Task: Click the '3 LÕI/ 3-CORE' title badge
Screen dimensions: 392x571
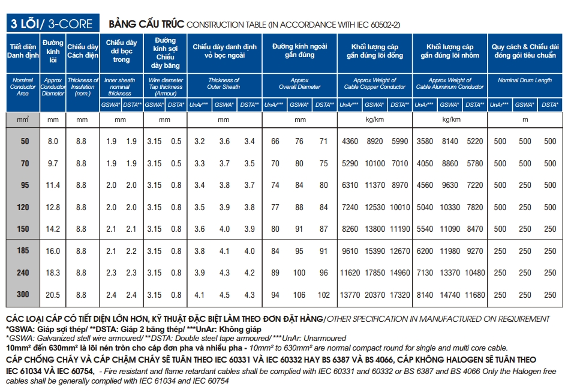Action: tap(51, 24)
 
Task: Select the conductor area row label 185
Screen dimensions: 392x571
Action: tap(25, 251)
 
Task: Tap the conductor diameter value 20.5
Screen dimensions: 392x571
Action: tap(53, 295)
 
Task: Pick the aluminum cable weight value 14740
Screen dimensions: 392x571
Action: tap(450, 295)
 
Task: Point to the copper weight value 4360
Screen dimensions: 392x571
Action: tap(350, 142)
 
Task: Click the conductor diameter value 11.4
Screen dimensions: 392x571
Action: tap(53, 185)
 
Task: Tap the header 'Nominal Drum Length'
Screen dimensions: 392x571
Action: tap(525, 80)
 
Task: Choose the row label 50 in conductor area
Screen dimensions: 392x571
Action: tap(25, 142)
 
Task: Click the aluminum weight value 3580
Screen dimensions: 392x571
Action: tap(425, 142)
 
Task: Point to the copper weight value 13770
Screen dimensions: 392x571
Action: tap(350, 295)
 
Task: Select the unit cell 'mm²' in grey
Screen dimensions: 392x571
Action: tap(23, 119)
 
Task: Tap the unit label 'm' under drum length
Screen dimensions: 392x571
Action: tap(525, 119)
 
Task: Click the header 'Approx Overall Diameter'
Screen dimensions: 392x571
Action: tap(299, 83)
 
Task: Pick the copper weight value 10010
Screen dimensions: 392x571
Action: tap(399, 207)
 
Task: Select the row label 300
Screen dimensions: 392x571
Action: tap(25, 295)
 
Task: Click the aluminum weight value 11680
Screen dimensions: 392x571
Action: tap(474, 295)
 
